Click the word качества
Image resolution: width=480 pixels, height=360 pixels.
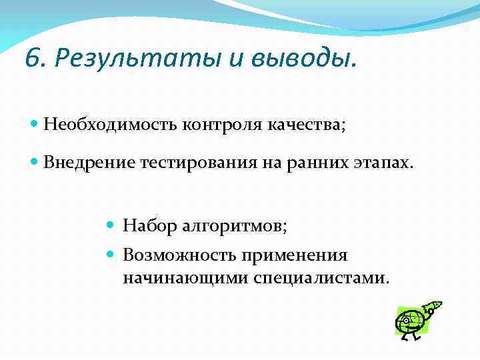click(307, 124)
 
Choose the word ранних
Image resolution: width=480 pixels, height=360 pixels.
click(313, 163)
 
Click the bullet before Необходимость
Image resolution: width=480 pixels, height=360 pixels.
click(34, 124)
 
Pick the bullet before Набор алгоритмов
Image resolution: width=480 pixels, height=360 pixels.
click(112, 227)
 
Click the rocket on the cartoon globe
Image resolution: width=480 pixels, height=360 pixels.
click(432, 308)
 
